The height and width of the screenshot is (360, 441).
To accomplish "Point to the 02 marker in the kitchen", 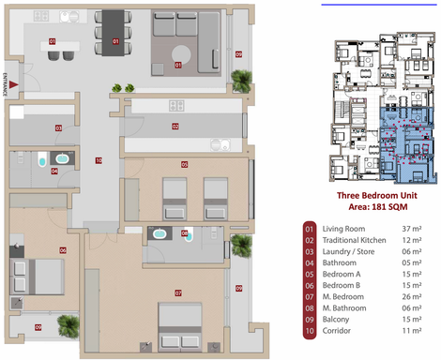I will (175, 126).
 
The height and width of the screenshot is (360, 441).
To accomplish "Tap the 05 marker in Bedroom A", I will (184, 165).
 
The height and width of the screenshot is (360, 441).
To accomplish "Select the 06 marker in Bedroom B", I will (63, 250).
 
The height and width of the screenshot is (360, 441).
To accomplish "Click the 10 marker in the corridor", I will (98, 161).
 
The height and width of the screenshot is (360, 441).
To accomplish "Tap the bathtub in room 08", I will (160, 232).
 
